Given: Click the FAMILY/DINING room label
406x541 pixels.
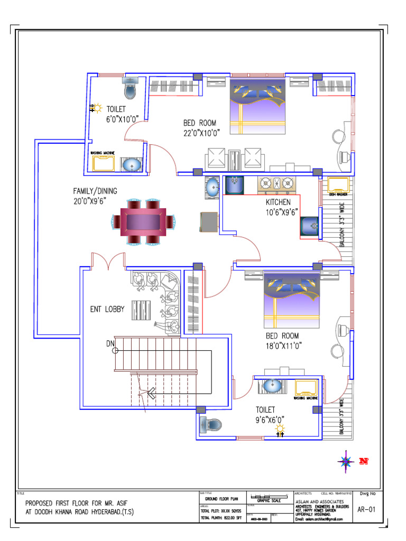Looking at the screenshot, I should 95,191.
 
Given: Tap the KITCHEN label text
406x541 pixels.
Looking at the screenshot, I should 278,202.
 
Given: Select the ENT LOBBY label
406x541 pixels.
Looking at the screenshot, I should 107,309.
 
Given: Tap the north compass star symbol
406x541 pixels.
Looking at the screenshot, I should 346,461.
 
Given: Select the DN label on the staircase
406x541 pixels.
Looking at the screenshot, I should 110,344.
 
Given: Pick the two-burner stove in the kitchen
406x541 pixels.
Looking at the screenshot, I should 276,184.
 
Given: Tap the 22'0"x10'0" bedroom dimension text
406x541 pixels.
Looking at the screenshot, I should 201,133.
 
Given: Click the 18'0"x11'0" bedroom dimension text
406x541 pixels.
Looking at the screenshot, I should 282,346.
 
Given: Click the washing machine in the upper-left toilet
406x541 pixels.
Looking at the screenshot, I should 104,164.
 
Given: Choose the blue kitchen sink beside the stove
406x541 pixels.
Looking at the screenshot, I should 234,185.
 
